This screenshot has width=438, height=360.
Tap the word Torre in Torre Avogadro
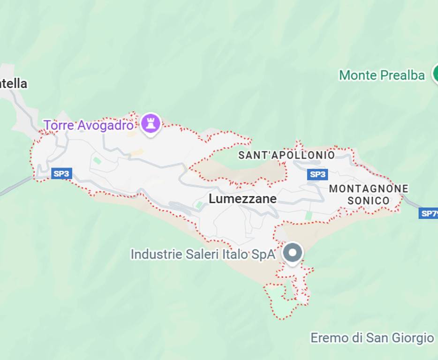[56, 126]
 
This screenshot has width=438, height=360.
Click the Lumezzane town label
[242, 199]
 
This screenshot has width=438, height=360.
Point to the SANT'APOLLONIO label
[287, 155]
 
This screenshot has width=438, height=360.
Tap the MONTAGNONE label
[368, 189]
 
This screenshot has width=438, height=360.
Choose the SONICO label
[368, 201]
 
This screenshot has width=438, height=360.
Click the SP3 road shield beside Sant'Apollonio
[317, 174]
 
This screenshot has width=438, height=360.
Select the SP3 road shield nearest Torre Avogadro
[61, 174]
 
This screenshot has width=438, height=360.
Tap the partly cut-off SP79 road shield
[429, 213]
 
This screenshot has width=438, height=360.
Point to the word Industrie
[154, 255]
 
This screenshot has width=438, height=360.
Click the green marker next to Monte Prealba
[435, 74]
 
